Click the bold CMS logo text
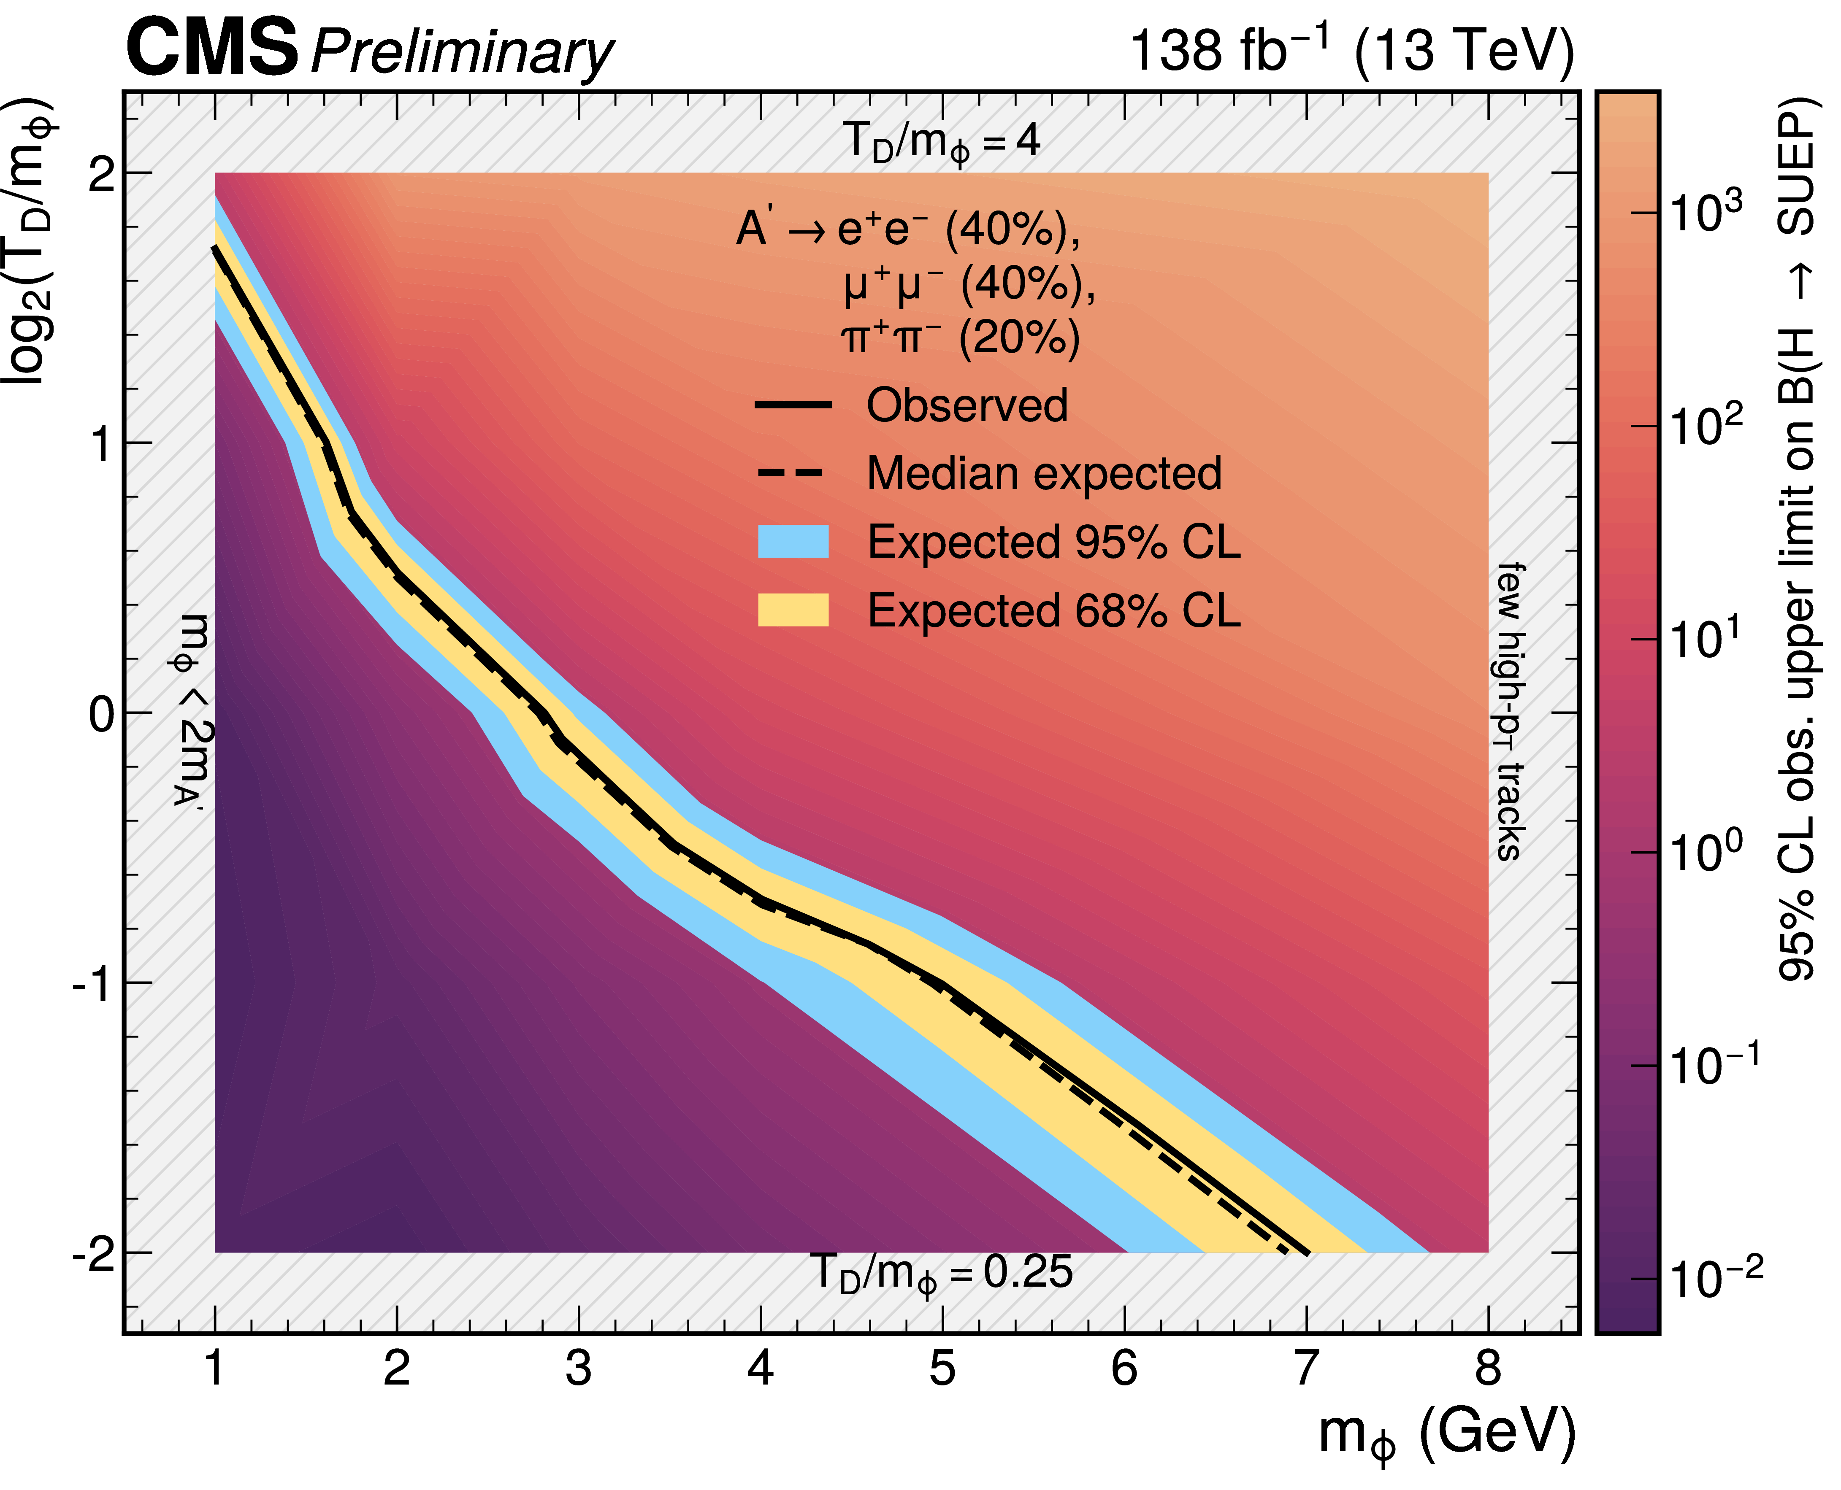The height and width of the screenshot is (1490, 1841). point(212,48)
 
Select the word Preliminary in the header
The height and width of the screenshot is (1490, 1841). point(462,53)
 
